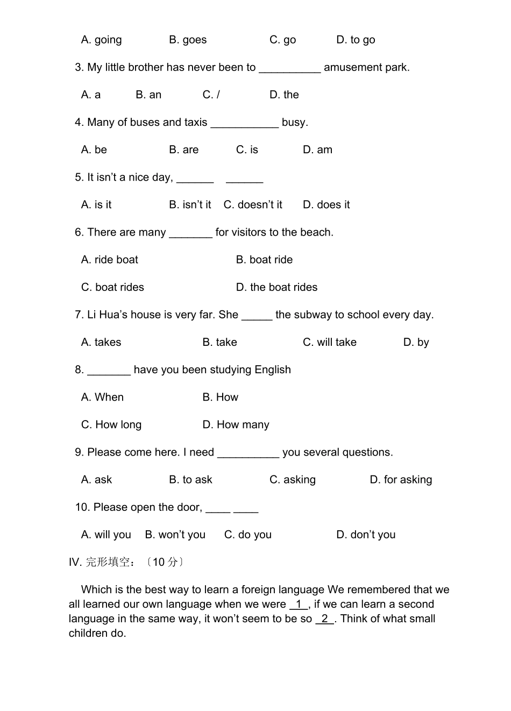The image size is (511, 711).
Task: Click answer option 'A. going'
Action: (x=101, y=40)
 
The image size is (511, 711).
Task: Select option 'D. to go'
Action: (x=356, y=40)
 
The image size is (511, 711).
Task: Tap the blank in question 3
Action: (x=289, y=68)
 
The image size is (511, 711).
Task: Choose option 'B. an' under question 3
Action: (x=148, y=95)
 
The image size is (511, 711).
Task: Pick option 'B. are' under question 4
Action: (x=183, y=150)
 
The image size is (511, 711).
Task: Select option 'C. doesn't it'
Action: (x=253, y=205)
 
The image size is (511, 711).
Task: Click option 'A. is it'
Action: (x=96, y=205)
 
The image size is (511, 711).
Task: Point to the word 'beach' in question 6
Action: (x=316, y=232)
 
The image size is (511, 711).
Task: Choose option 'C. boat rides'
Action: (x=112, y=287)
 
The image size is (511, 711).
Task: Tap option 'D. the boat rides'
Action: (x=276, y=287)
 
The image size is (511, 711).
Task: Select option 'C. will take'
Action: (x=329, y=342)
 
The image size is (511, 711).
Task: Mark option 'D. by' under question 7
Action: (x=416, y=342)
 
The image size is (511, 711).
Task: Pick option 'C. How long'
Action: (x=111, y=425)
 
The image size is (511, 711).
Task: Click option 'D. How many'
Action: (x=236, y=425)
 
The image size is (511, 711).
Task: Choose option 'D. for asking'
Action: (x=401, y=480)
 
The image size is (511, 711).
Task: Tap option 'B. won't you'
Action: (x=175, y=535)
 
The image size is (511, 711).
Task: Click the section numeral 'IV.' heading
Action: (x=75, y=563)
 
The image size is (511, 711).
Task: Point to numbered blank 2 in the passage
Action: (x=325, y=619)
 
